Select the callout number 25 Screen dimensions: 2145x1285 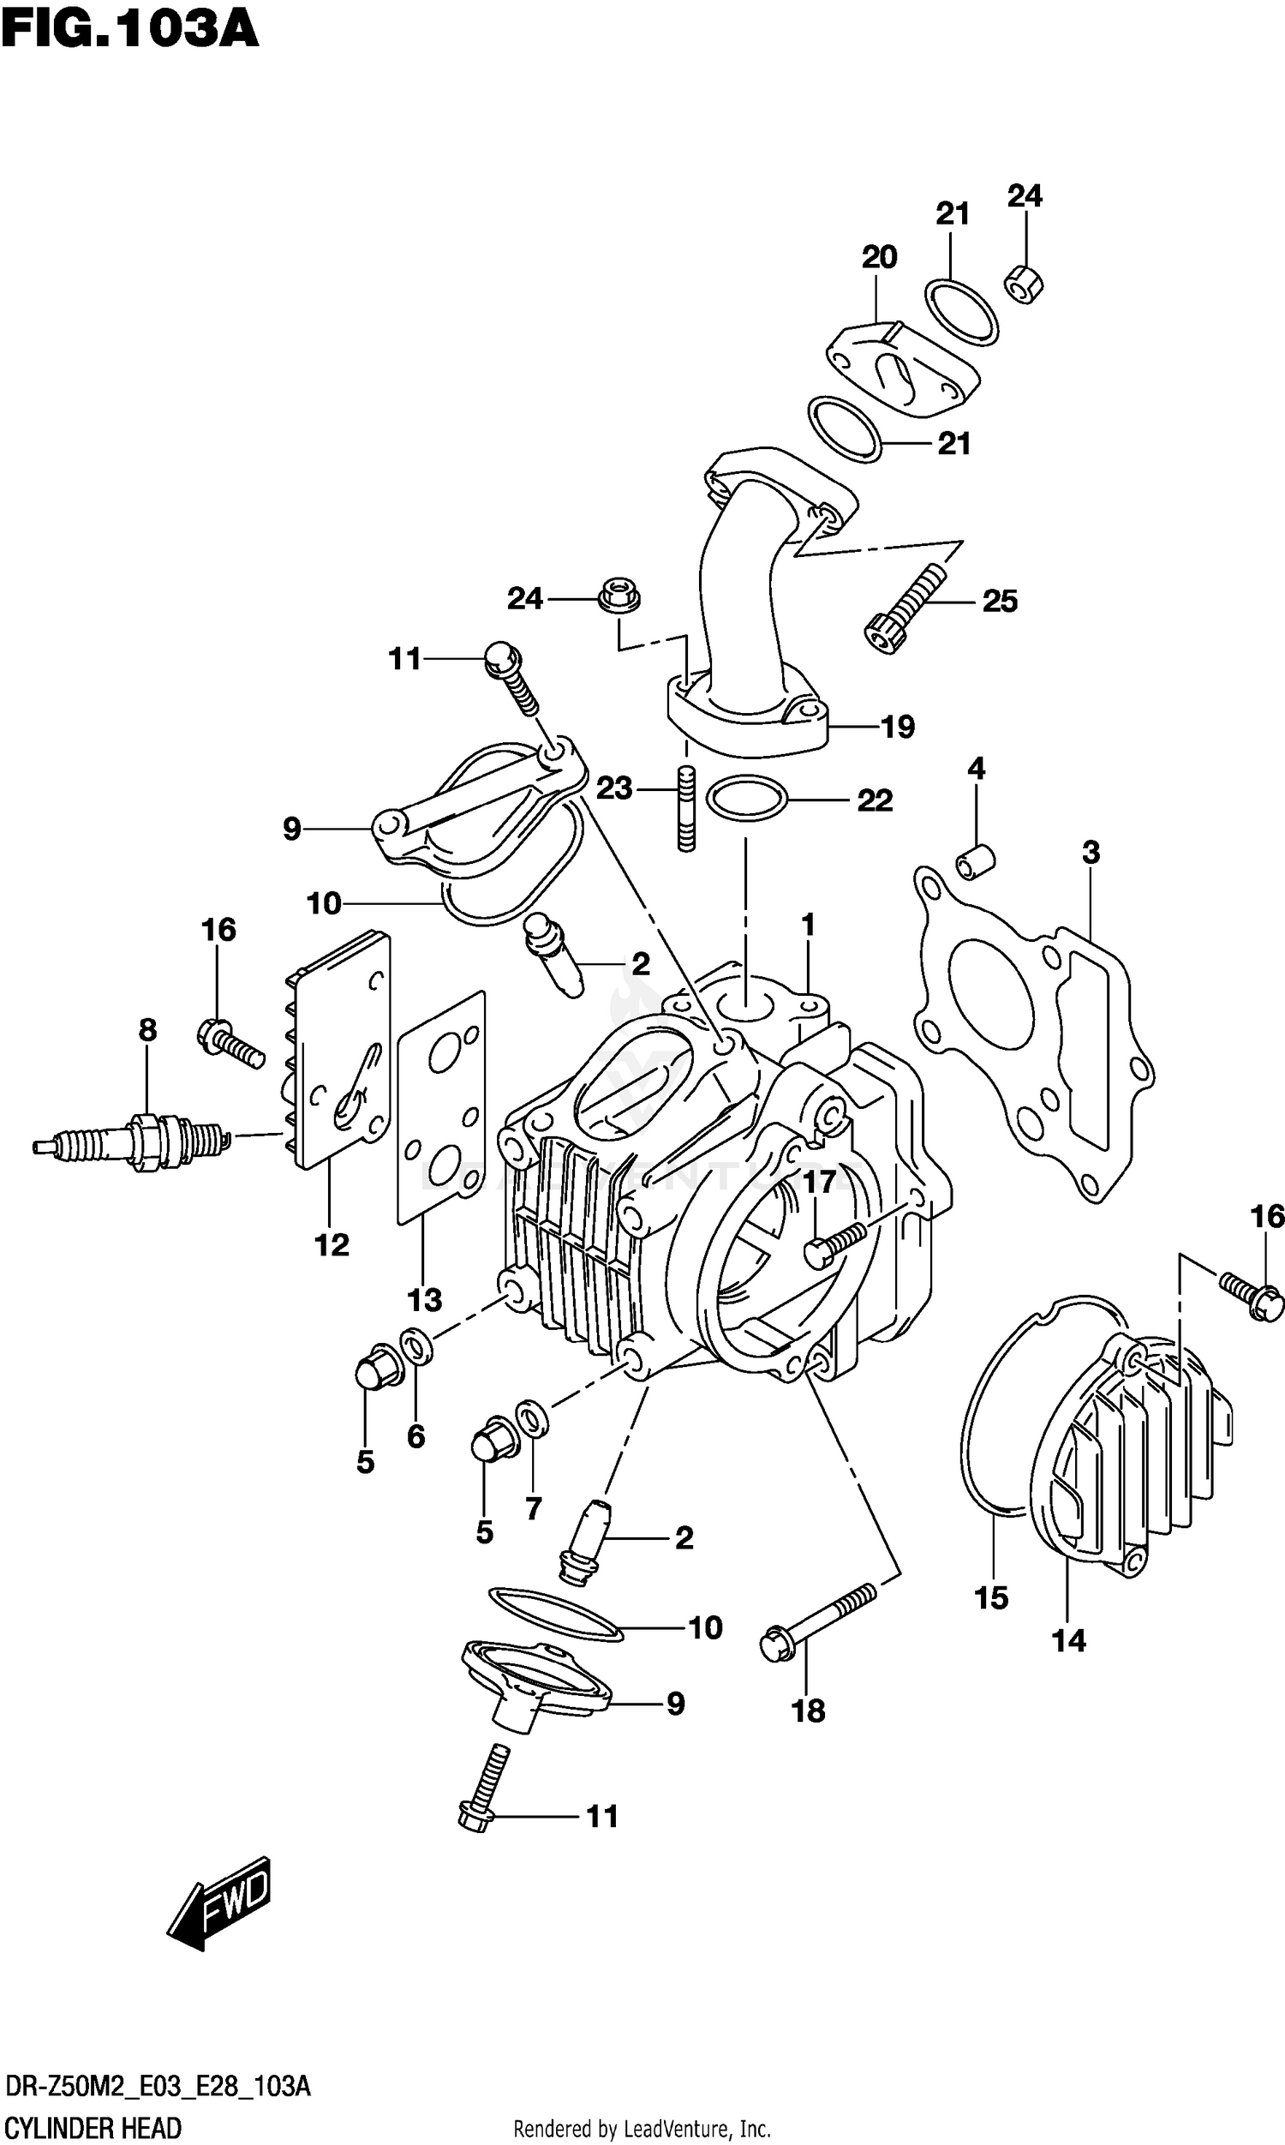tap(999, 601)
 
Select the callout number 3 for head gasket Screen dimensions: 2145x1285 tap(1091, 852)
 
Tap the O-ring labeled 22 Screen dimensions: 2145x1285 tap(746, 799)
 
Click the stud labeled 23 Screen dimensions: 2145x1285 tap(687, 809)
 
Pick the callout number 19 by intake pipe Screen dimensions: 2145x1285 tap(897, 727)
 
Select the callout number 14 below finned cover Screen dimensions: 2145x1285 tap(1068, 1639)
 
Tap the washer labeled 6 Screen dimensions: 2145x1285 tap(416, 1347)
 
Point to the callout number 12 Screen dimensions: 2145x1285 tap(332, 1244)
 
